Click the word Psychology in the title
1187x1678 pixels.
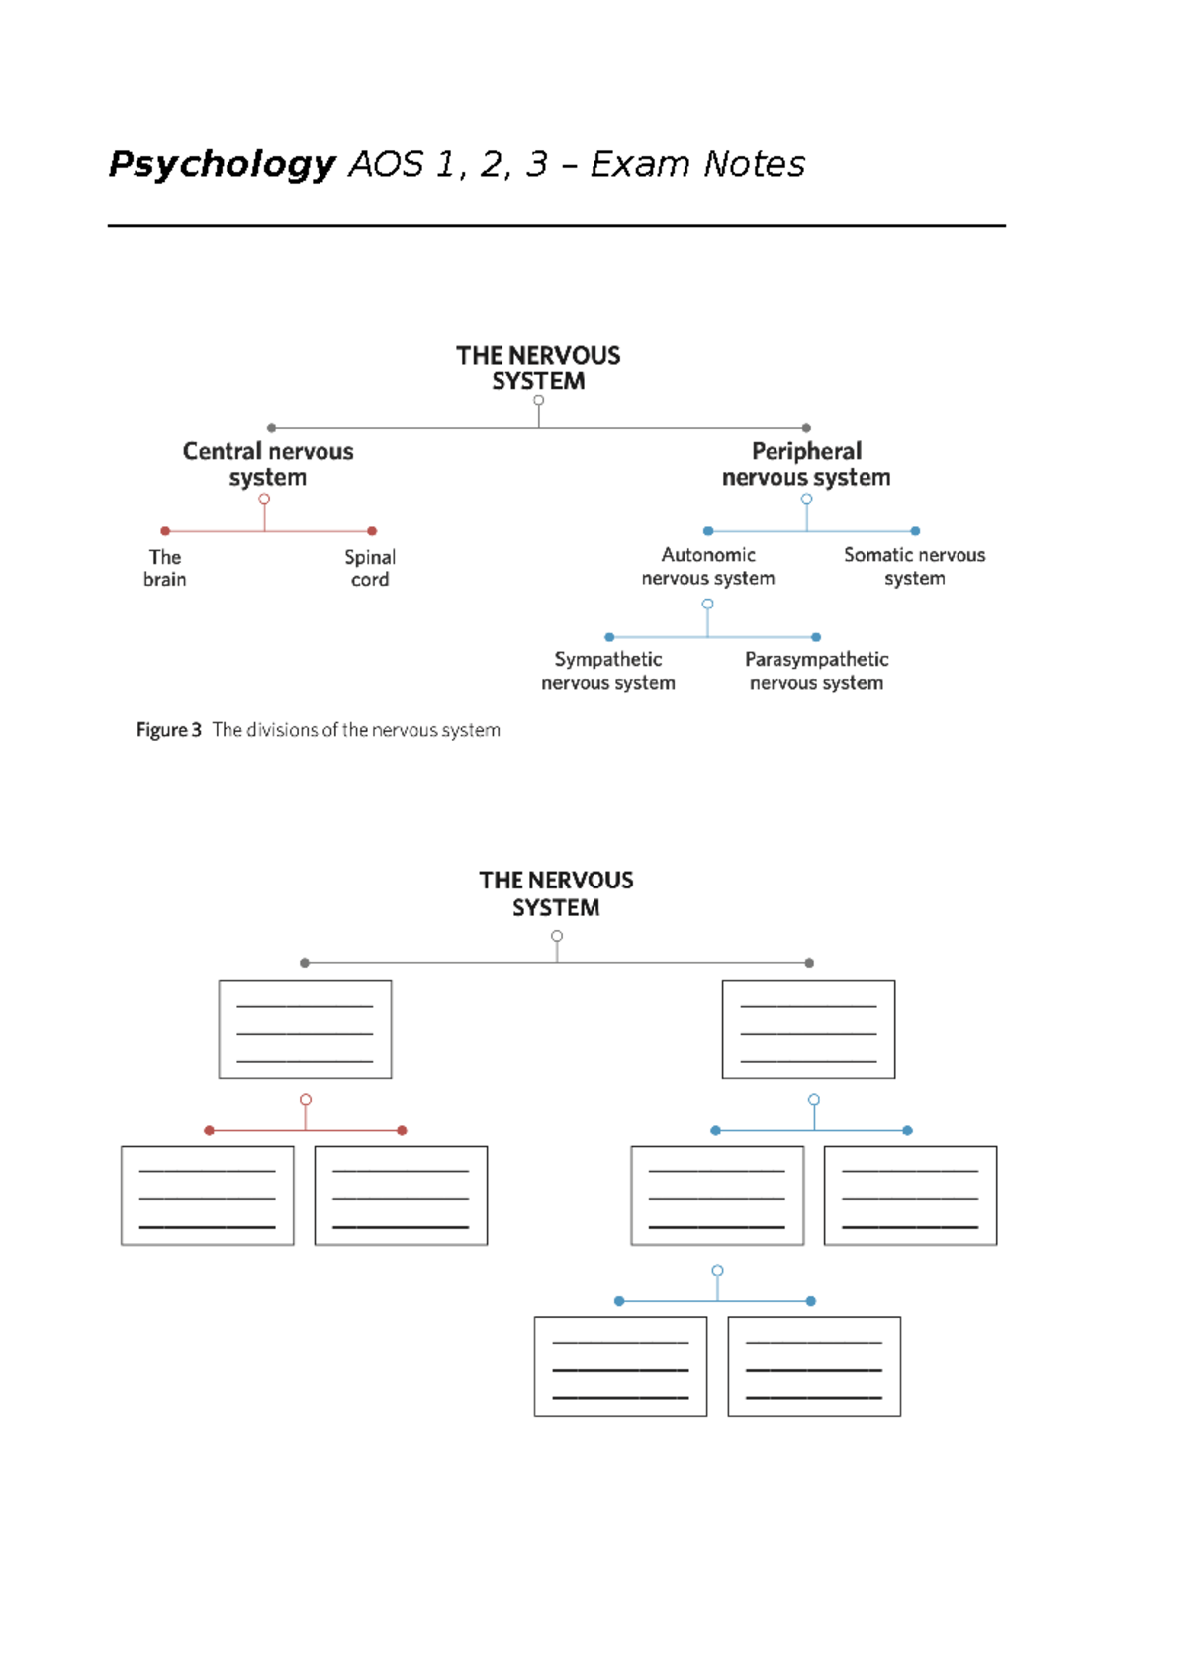[x=223, y=164]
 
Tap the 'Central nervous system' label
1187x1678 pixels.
[x=268, y=464]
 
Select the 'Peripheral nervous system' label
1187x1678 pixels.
[x=806, y=464]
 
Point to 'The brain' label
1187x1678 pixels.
[x=165, y=568]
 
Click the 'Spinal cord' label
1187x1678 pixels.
[x=370, y=568]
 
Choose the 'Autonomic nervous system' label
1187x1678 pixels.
[x=708, y=566]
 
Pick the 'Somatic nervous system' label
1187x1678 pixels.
[x=914, y=566]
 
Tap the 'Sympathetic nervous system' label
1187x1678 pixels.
[x=608, y=670]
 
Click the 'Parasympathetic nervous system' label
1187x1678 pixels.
[x=816, y=670]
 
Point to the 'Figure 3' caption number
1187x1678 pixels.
[x=169, y=730]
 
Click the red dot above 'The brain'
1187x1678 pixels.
[x=165, y=531]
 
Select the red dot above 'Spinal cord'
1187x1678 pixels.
[x=372, y=531]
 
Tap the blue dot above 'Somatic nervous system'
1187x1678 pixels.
[x=915, y=531]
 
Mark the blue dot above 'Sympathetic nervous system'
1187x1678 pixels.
[x=609, y=637]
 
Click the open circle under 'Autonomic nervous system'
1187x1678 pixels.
[x=707, y=604]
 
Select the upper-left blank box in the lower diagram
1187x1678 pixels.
[x=305, y=1029]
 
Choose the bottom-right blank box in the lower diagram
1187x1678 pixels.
[x=814, y=1365]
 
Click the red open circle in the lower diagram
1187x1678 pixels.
[x=306, y=1100]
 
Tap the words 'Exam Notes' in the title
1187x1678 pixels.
[x=697, y=164]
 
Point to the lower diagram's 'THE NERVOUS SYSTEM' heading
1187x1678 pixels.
[x=556, y=893]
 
